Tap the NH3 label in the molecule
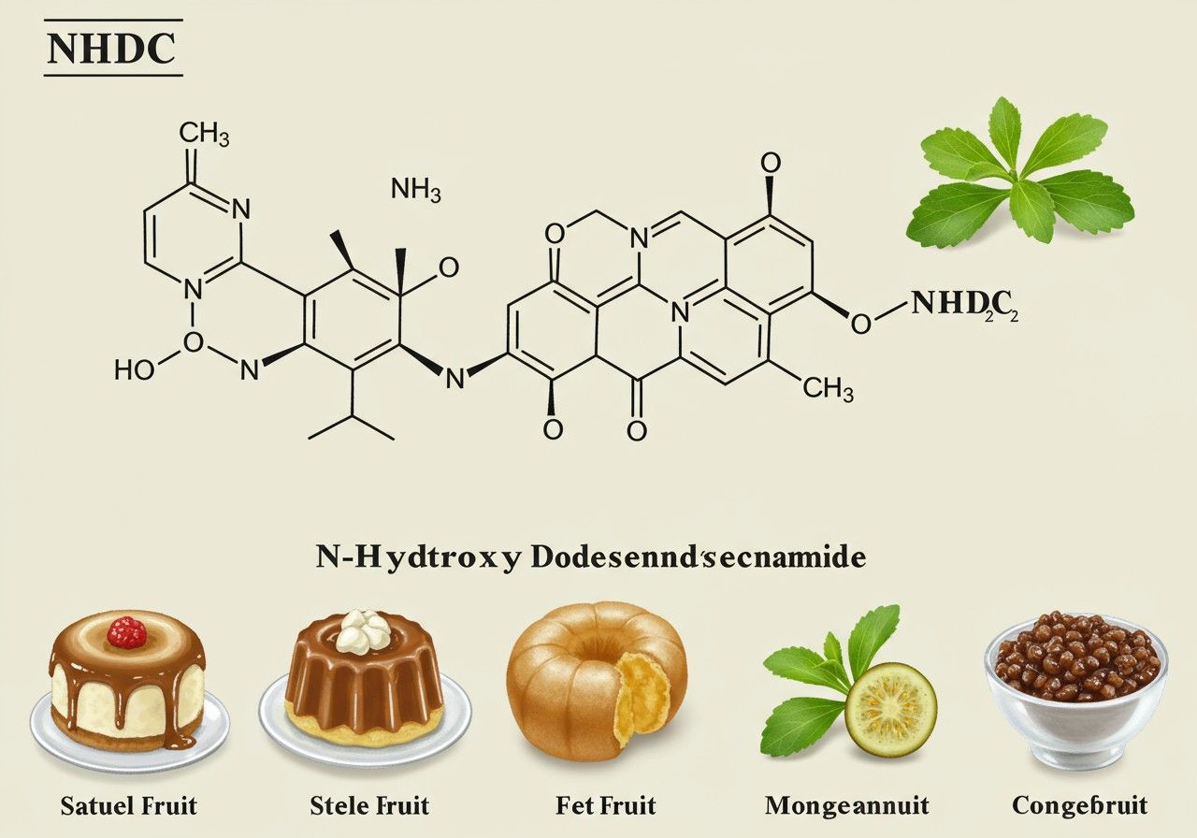click(416, 190)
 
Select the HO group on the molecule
click(135, 369)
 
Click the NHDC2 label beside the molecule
click(962, 304)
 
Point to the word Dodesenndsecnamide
click(698, 557)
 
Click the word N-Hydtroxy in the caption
click(419, 557)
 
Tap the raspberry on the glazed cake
click(127, 633)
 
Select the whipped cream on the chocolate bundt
click(366, 630)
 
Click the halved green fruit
click(890, 710)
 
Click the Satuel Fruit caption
click(130, 804)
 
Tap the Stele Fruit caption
click(369, 804)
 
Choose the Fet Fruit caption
click(607, 804)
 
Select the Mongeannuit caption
click(846, 804)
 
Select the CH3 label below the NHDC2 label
click(827, 388)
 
